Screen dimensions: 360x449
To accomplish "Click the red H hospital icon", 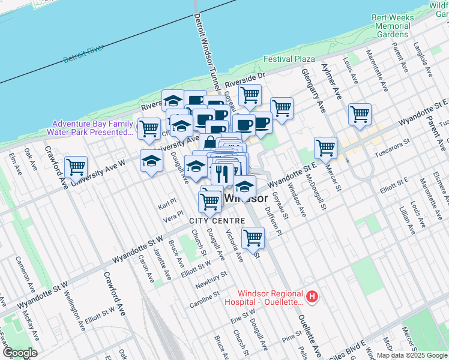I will click(x=312, y=296).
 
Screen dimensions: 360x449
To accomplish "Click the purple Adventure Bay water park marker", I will click(x=140, y=127).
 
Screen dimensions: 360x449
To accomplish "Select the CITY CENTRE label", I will click(x=217, y=221).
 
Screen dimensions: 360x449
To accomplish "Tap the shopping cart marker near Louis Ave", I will click(x=360, y=114).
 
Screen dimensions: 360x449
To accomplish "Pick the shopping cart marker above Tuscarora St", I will click(x=325, y=148).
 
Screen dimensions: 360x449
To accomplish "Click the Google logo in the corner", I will click(x=19, y=353).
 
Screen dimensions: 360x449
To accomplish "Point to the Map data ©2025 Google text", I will click(x=412, y=355).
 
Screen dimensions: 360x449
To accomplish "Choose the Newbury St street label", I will click(x=211, y=278).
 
